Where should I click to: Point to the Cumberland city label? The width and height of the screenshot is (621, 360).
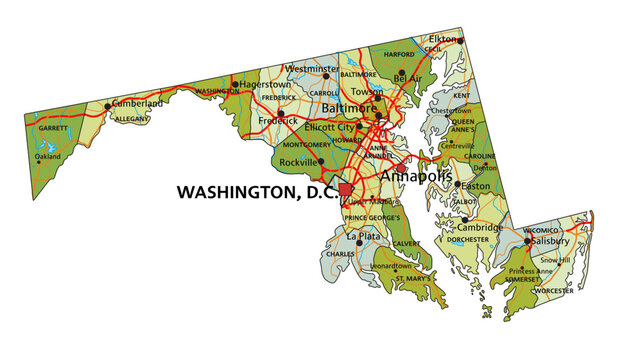(136, 103)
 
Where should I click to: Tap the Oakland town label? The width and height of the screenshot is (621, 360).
(48, 156)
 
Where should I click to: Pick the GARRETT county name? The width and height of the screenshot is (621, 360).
(52, 128)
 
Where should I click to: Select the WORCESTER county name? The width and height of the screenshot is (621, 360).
(554, 290)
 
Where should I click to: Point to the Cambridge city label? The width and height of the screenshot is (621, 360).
(482, 227)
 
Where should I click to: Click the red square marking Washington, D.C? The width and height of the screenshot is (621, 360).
(346, 189)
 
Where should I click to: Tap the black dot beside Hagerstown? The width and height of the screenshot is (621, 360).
(236, 84)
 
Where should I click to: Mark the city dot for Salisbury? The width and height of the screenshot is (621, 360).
(527, 241)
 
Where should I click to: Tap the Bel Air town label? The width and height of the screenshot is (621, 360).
(409, 76)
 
